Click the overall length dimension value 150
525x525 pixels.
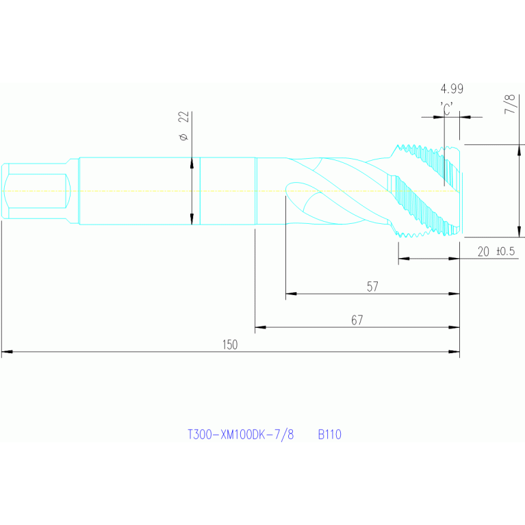pos(230,344)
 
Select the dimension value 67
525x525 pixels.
pos(357,320)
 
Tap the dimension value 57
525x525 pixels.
pos(372,287)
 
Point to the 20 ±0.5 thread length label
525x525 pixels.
pos(496,251)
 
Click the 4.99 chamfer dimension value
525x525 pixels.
pos(452,89)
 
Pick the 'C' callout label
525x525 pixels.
pos(447,108)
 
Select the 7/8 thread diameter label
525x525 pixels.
pos(509,104)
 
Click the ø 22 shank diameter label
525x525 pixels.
pos(184,126)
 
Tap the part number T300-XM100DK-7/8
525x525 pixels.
pos(240,434)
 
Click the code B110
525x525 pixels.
pos(329,434)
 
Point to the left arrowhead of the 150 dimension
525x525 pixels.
pos(7,352)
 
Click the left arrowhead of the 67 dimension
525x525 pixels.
pos(261,327)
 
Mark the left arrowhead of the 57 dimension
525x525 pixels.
pos(292,294)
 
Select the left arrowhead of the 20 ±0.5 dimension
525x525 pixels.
pos(404,259)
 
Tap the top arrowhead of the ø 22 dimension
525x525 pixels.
pos(192,163)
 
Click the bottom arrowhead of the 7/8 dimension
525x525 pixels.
pos(520,231)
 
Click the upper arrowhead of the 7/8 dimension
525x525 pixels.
pos(520,151)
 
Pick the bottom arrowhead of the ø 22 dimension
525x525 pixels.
pos(192,218)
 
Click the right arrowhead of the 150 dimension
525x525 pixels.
pos(454,352)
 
